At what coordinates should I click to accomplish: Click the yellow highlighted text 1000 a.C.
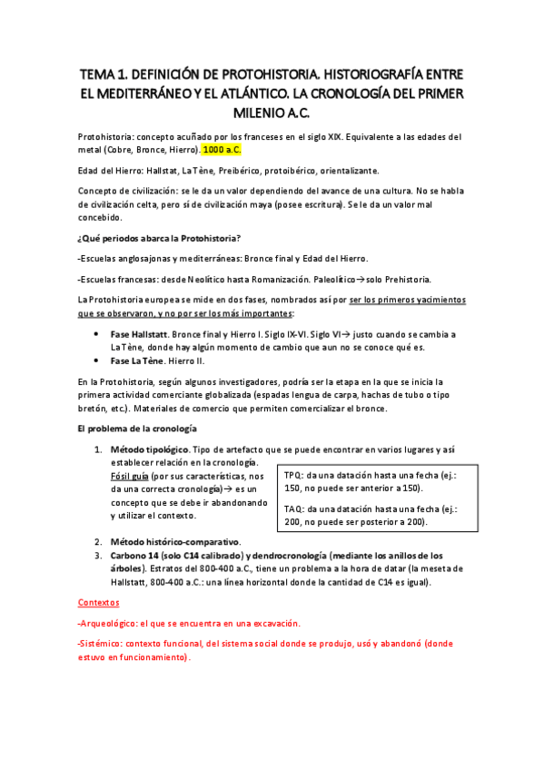coord(223,149)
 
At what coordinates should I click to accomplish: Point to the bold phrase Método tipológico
coord(150,449)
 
